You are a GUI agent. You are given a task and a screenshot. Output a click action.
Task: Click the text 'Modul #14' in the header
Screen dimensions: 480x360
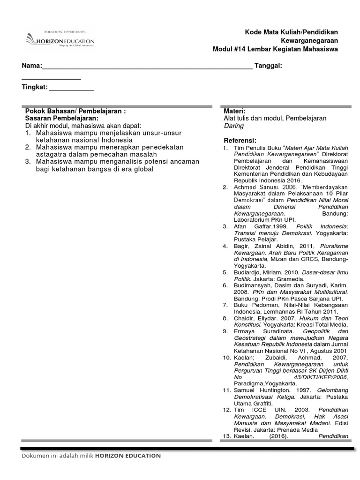point(229,49)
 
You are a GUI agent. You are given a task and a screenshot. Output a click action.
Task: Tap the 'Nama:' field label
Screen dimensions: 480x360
point(32,66)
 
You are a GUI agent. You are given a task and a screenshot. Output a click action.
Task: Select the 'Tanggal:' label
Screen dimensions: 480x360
point(268,66)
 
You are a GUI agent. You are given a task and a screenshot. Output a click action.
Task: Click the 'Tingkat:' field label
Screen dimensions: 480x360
point(35,87)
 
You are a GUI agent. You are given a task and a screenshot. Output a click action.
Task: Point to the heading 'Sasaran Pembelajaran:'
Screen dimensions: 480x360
point(58,119)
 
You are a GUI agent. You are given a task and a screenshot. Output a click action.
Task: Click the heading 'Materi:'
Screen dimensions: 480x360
point(235,111)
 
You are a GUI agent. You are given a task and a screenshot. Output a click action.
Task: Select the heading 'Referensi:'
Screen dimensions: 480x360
point(240,141)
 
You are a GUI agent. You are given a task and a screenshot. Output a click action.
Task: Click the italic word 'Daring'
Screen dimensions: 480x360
point(233,126)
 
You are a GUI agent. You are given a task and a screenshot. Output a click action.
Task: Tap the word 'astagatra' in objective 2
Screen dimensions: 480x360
point(51,154)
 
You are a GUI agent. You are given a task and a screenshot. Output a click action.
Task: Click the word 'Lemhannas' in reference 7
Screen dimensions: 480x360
point(285,311)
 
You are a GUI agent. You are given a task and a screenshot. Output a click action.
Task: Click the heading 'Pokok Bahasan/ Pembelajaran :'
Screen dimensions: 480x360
point(75,112)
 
